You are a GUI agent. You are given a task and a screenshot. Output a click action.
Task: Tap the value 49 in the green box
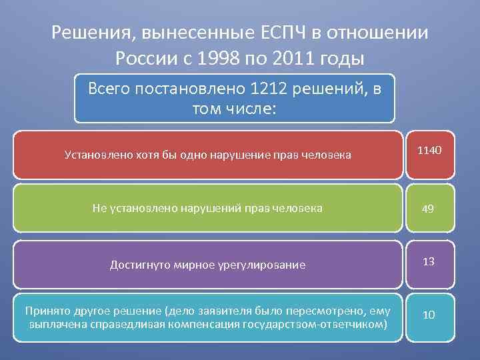pyautogui.click(x=428, y=209)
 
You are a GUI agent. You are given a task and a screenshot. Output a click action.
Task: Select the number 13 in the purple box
pyautogui.click(x=429, y=261)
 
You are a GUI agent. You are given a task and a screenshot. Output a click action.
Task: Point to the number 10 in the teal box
pyautogui.click(x=429, y=315)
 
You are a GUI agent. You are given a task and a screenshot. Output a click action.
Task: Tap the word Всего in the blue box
pyautogui.click(x=111, y=89)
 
